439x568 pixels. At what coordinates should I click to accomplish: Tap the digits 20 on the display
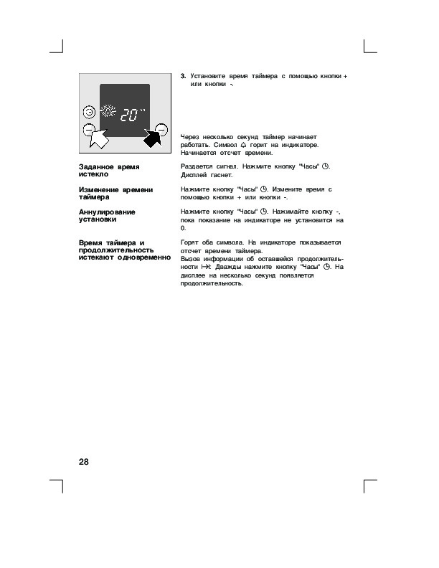[x=129, y=115]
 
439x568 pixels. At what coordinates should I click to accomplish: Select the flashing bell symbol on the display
[x=108, y=112]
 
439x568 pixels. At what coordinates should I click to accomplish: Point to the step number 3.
[x=183, y=75]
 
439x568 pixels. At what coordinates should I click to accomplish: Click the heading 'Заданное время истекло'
[x=109, y=170]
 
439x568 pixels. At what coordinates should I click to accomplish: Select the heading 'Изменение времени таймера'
[x=115, y=193]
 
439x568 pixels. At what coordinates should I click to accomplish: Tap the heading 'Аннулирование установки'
[x=107, y=216]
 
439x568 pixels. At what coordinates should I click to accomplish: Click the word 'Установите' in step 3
[x=208, y=75]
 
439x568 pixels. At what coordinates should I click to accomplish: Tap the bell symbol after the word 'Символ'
[x=264, y=145]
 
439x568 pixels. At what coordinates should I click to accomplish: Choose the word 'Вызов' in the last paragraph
[x=192, y=259]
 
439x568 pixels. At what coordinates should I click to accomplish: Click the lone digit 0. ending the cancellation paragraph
[x=183, y=228]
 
